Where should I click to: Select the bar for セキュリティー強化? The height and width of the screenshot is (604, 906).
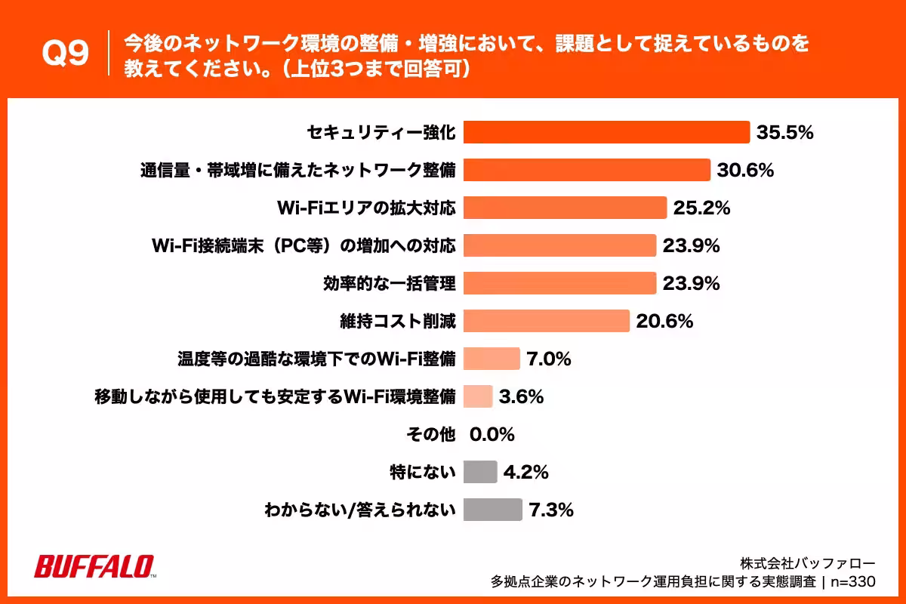[x=606, y=132]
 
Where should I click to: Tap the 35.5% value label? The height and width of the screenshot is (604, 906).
[x=784, y=133]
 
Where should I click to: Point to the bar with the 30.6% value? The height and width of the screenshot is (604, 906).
[x=587, y=170]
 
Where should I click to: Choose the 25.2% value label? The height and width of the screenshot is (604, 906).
[x=701, y=208]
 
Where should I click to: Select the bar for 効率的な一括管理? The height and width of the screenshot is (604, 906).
[x=559, y=283]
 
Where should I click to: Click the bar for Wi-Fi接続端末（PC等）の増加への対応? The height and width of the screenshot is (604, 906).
[x=559, y=245]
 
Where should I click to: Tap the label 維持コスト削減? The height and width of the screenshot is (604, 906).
[x=398, y=321]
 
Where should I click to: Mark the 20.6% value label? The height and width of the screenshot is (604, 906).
[x=664, y=322]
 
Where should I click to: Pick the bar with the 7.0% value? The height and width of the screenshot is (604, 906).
[x=492, y=359]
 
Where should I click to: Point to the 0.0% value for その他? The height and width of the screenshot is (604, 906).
[x=492, y=435]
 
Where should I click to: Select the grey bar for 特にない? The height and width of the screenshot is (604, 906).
[x=479, y=472]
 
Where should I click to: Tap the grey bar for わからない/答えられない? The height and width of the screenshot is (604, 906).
[x=492, y=510]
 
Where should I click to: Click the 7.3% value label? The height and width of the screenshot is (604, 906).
[x=551, y=510]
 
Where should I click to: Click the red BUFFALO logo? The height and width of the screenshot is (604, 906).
[x=94, y=566]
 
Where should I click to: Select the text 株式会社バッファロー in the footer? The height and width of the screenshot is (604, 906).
[x=807, y=563]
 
